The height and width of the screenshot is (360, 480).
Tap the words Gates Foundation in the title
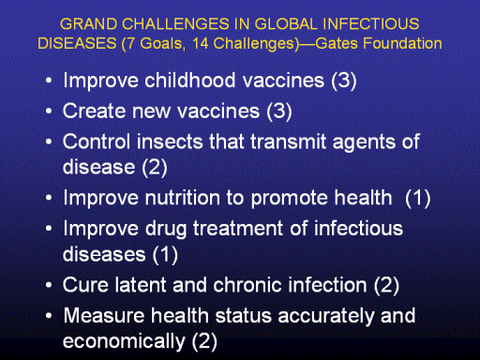pyautogui.click(x=379, y=43)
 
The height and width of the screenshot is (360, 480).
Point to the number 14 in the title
pyautogui.click(x=201, y=43)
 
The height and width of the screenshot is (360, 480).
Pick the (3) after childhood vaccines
pyautogui.click(x=344, y=81)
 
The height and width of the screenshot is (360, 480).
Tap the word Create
pyautogui.click(x=94, y=111)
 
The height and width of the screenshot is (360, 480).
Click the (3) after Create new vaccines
pyautogui.click(x=279, y=112)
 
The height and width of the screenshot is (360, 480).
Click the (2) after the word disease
pyautogui.click(x=155, y=167)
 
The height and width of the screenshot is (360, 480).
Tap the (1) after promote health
pyautogui.click(x=418, y=198)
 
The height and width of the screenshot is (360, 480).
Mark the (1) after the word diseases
pyautogui.click(x=165, y=254)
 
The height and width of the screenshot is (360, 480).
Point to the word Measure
pyautogui.click(x=104, y=315)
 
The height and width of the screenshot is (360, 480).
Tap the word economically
pyautogui.click(x=124, y=341)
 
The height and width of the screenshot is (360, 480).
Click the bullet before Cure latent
pyautogui.click(x=49, y=285)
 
